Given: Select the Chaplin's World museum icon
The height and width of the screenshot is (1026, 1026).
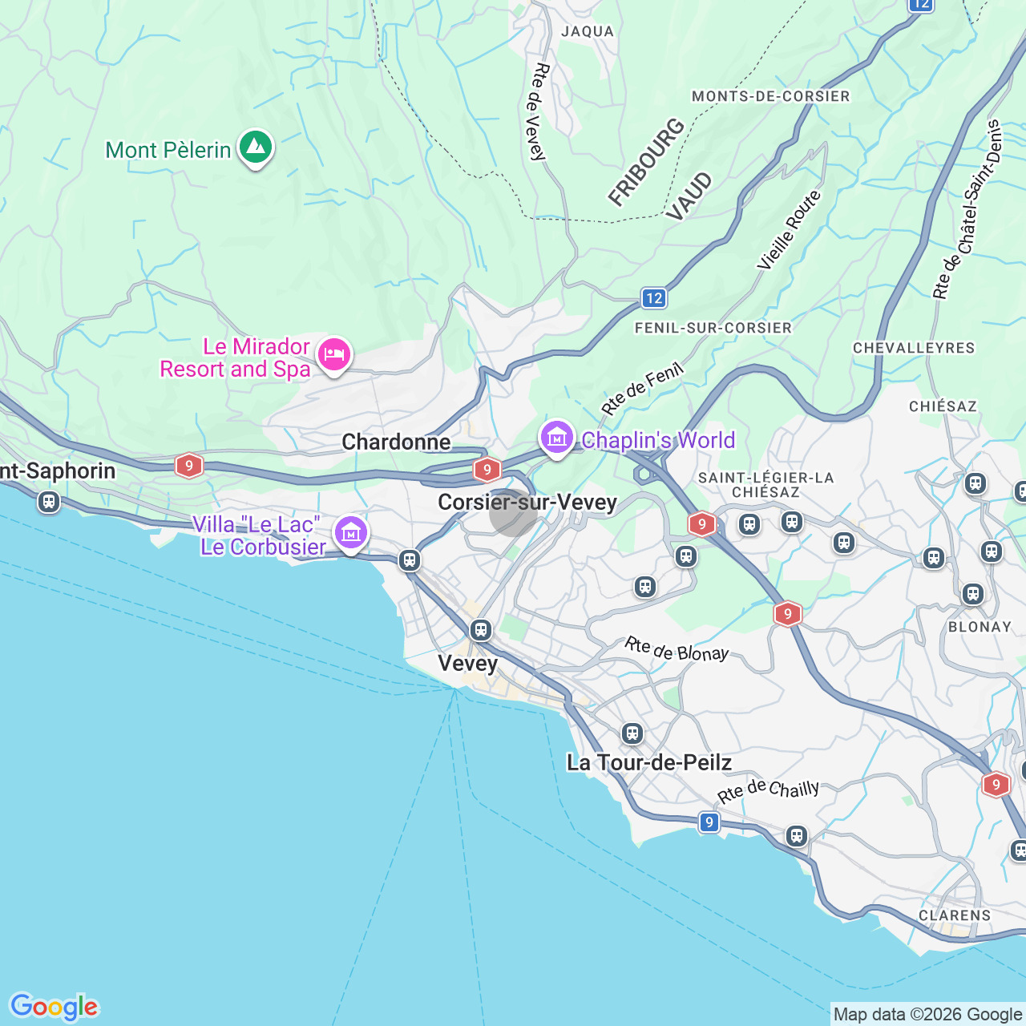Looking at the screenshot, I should point(556,438).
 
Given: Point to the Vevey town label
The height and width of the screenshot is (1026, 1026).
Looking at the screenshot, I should point(468,664).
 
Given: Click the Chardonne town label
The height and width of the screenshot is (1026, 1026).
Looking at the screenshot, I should point(396,442).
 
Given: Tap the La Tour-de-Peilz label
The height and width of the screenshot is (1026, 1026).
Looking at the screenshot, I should point(649,762).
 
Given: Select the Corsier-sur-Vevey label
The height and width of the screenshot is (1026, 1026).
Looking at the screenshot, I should point(527,503).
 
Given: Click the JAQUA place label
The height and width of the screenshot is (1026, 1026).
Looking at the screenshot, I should point(588,32).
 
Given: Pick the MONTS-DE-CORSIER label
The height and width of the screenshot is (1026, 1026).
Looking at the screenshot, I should point(770,96).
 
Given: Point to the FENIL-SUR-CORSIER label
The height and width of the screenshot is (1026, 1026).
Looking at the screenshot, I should point(713,328).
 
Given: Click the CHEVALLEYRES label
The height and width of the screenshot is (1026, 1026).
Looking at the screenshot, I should point(914,348).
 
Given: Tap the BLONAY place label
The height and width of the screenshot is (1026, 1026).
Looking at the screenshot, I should point(980,627).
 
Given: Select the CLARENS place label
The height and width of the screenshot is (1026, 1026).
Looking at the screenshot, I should point(955,915).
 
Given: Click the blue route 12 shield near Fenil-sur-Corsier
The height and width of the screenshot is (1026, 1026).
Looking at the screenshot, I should point(654,298).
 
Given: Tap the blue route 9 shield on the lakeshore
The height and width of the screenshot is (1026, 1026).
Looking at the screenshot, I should point(709,822).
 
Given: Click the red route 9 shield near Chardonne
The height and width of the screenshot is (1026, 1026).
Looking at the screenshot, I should point(487,470).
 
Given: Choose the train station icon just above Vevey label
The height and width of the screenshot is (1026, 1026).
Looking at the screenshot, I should point(481,630).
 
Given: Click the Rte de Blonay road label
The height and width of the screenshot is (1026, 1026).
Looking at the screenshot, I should point(677,649).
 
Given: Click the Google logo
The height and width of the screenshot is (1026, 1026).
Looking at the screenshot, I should point(54,1007).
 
